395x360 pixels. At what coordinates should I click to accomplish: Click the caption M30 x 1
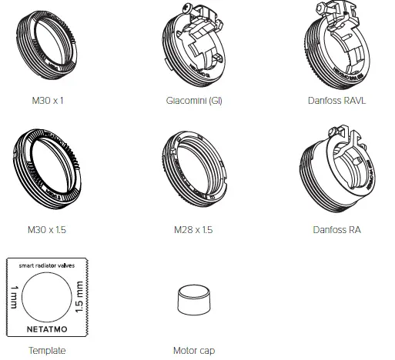(48, 101)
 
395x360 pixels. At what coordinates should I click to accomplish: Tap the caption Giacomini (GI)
(194, 101)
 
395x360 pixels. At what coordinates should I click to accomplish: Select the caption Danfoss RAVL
(336, 101)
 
